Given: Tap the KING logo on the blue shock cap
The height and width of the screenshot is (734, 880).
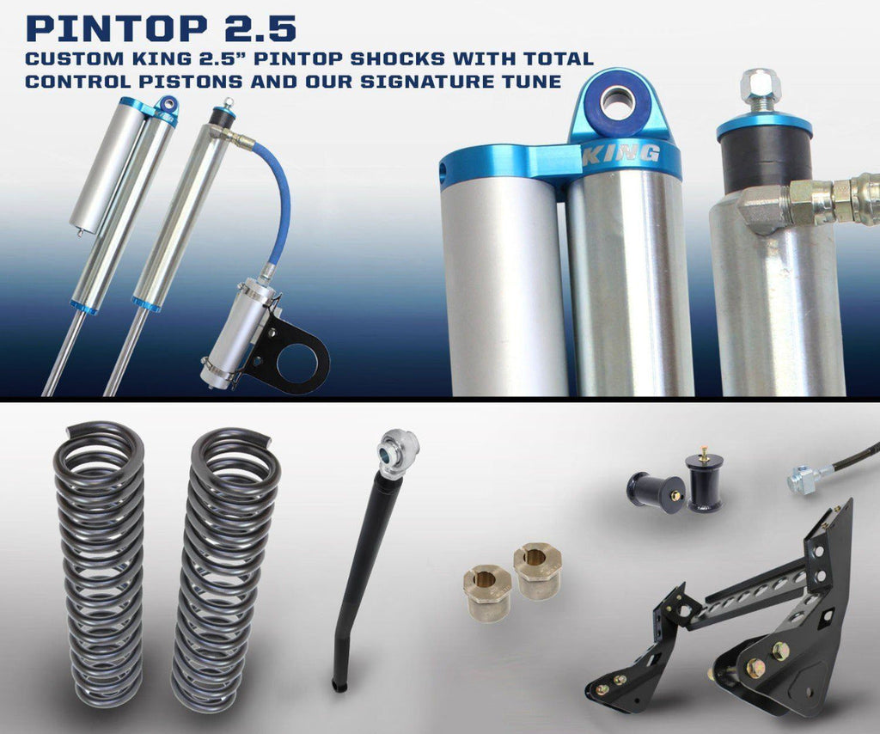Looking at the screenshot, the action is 621,153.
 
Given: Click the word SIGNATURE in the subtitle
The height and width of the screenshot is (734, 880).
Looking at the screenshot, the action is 421,82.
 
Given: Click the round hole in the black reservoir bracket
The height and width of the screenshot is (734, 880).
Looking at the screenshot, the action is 296,363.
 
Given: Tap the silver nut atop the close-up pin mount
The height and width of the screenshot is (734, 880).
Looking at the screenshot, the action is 761,87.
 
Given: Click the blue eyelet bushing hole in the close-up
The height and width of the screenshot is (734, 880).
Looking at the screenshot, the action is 618,101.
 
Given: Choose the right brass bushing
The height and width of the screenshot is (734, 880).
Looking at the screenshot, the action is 538,571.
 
